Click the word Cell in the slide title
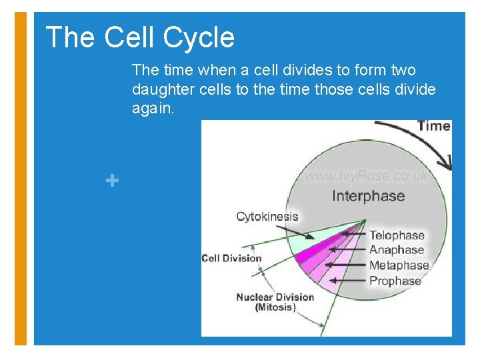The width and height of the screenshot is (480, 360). [x=129, y=37]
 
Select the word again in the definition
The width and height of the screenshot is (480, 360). [x=153, y=108]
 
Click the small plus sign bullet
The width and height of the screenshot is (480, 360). [x=113, y=180]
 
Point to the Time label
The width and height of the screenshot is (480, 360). [x=433, y=126]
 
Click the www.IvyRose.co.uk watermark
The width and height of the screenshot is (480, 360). [x=366, y=177]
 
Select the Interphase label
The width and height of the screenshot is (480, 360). [x=368, y=196]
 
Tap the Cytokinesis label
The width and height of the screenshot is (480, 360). [x=267, y=217]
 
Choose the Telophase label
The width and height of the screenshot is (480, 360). [x=397, y=235]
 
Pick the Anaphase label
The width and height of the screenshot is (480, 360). [x=397, y=250]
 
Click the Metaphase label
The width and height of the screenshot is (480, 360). [x=399, y=265]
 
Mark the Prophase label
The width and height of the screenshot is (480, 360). [x=395, y=281]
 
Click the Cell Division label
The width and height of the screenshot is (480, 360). [x=231, y=258]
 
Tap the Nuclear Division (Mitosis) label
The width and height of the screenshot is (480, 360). [x=275, y=302]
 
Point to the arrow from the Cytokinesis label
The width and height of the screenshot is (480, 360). [x=297, y=230]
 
